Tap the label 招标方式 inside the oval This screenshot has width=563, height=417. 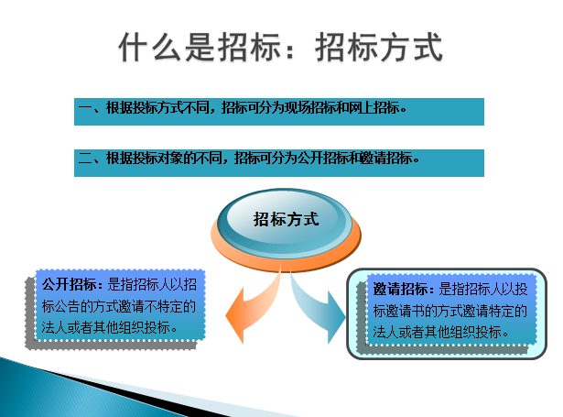click(286, 219)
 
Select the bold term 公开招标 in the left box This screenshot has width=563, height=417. click(69, 284)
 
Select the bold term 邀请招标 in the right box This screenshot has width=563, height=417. click(400, 289)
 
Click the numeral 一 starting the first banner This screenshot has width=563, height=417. click(85, 107)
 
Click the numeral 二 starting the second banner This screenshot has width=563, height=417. click(85, 159)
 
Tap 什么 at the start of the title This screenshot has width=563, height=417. click(150, 47)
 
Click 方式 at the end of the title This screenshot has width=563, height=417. click(410, 47)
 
